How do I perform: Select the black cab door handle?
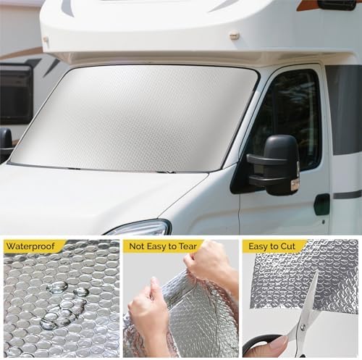coord(322,204)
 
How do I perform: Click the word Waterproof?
coord(32,246)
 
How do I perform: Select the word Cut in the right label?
coord(300,246)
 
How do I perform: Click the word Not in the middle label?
coord(138,246)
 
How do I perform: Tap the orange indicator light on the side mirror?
coord(295,185)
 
